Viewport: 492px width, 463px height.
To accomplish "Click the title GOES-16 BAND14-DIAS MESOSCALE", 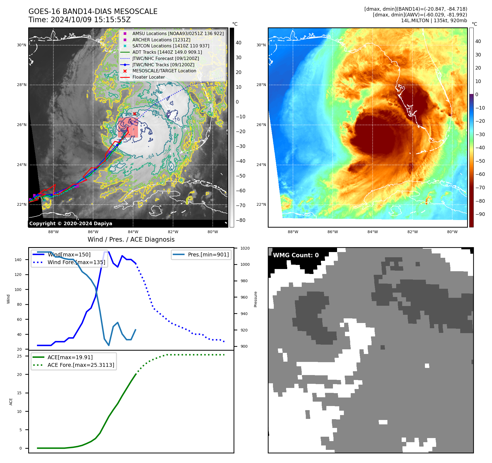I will pos(93,12).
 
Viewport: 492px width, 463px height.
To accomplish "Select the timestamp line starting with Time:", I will pos(79,20).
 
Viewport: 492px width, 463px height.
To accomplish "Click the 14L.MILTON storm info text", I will pos(434,21).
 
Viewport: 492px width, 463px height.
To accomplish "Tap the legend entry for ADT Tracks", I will pos(167,52).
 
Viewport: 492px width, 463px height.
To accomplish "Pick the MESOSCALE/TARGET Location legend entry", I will pos(164,71).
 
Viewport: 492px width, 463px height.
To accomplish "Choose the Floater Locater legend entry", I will pos(148,77).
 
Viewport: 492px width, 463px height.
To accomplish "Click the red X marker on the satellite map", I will pos(134,114).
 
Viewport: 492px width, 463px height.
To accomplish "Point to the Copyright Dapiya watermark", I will pos(71,224).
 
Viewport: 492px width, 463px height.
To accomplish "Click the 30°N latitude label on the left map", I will pos(22,45).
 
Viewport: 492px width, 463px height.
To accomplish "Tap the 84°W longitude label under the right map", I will pos(372,232).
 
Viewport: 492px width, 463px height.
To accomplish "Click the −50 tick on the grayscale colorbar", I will pos(241,176).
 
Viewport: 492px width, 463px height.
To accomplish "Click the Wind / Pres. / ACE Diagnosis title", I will pos(131,239).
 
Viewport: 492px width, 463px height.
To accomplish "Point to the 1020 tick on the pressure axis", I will pos(245,248).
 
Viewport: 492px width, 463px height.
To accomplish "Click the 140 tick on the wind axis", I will pos(18,260).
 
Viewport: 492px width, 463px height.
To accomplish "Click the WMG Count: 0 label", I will pos(296,255).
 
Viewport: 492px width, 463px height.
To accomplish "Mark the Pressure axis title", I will pos(255,299).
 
